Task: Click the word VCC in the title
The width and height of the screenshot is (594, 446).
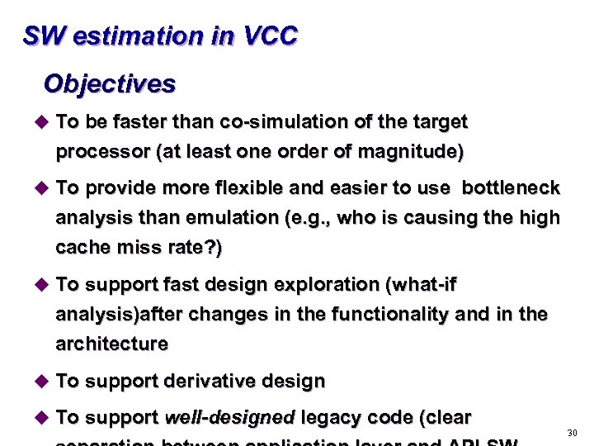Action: click(x=271, y=36)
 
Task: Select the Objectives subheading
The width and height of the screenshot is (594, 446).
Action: click(x=109, y=83)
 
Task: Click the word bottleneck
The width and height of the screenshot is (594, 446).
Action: click(x=511, y=188)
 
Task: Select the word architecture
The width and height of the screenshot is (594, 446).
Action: click(x=111, y=344)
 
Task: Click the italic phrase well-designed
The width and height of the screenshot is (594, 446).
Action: click(x=230, y=418)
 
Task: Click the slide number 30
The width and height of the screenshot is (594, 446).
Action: click(x=573, y=433)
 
